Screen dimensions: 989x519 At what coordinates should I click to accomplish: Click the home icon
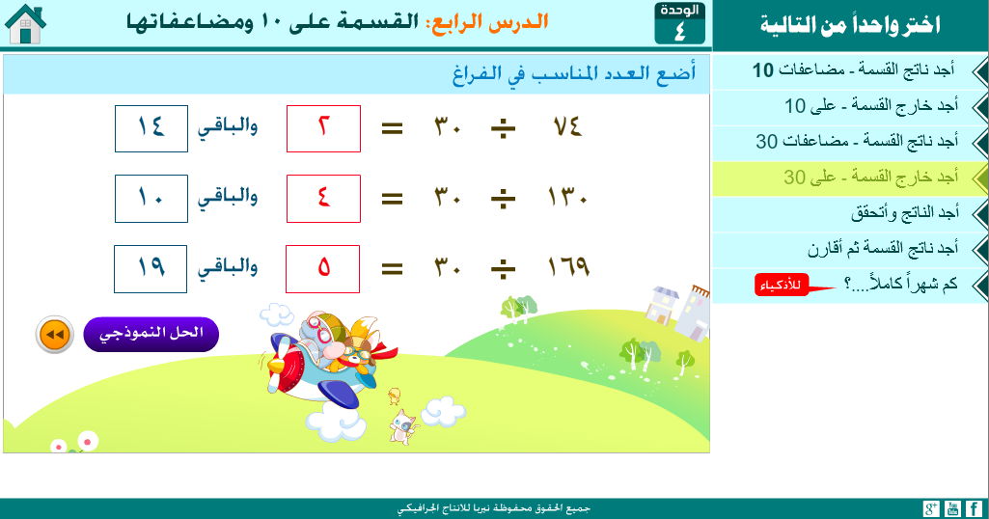(25, 24)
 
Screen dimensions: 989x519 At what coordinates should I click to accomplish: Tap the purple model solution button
(151, 334)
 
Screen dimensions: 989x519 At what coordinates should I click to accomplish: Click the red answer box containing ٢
(323, 128)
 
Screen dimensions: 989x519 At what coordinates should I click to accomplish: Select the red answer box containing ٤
(323, 199)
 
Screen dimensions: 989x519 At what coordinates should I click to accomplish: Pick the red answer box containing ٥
(323, 269)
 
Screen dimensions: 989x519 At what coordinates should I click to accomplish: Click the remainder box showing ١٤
(151, 128)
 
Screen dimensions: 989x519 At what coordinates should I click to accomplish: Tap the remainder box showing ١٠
(151, 199)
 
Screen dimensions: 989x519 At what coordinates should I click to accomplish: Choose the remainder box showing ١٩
(151, 269)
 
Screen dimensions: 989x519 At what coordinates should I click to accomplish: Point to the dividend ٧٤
(567, 127)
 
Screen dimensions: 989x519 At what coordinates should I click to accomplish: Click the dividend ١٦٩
(568, 267)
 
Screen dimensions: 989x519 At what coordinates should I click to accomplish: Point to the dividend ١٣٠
(567, 198)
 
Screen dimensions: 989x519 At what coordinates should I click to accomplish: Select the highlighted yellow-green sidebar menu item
(849, 178)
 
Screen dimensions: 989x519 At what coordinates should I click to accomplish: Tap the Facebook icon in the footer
(974, 509)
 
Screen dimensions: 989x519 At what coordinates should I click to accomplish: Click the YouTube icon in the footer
(952, 509)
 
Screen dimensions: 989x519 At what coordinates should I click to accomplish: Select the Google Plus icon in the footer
(931, 509)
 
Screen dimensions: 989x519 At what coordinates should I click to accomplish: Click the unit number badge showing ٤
(680, 24)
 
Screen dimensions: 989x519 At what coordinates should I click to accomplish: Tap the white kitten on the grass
(402, 426)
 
